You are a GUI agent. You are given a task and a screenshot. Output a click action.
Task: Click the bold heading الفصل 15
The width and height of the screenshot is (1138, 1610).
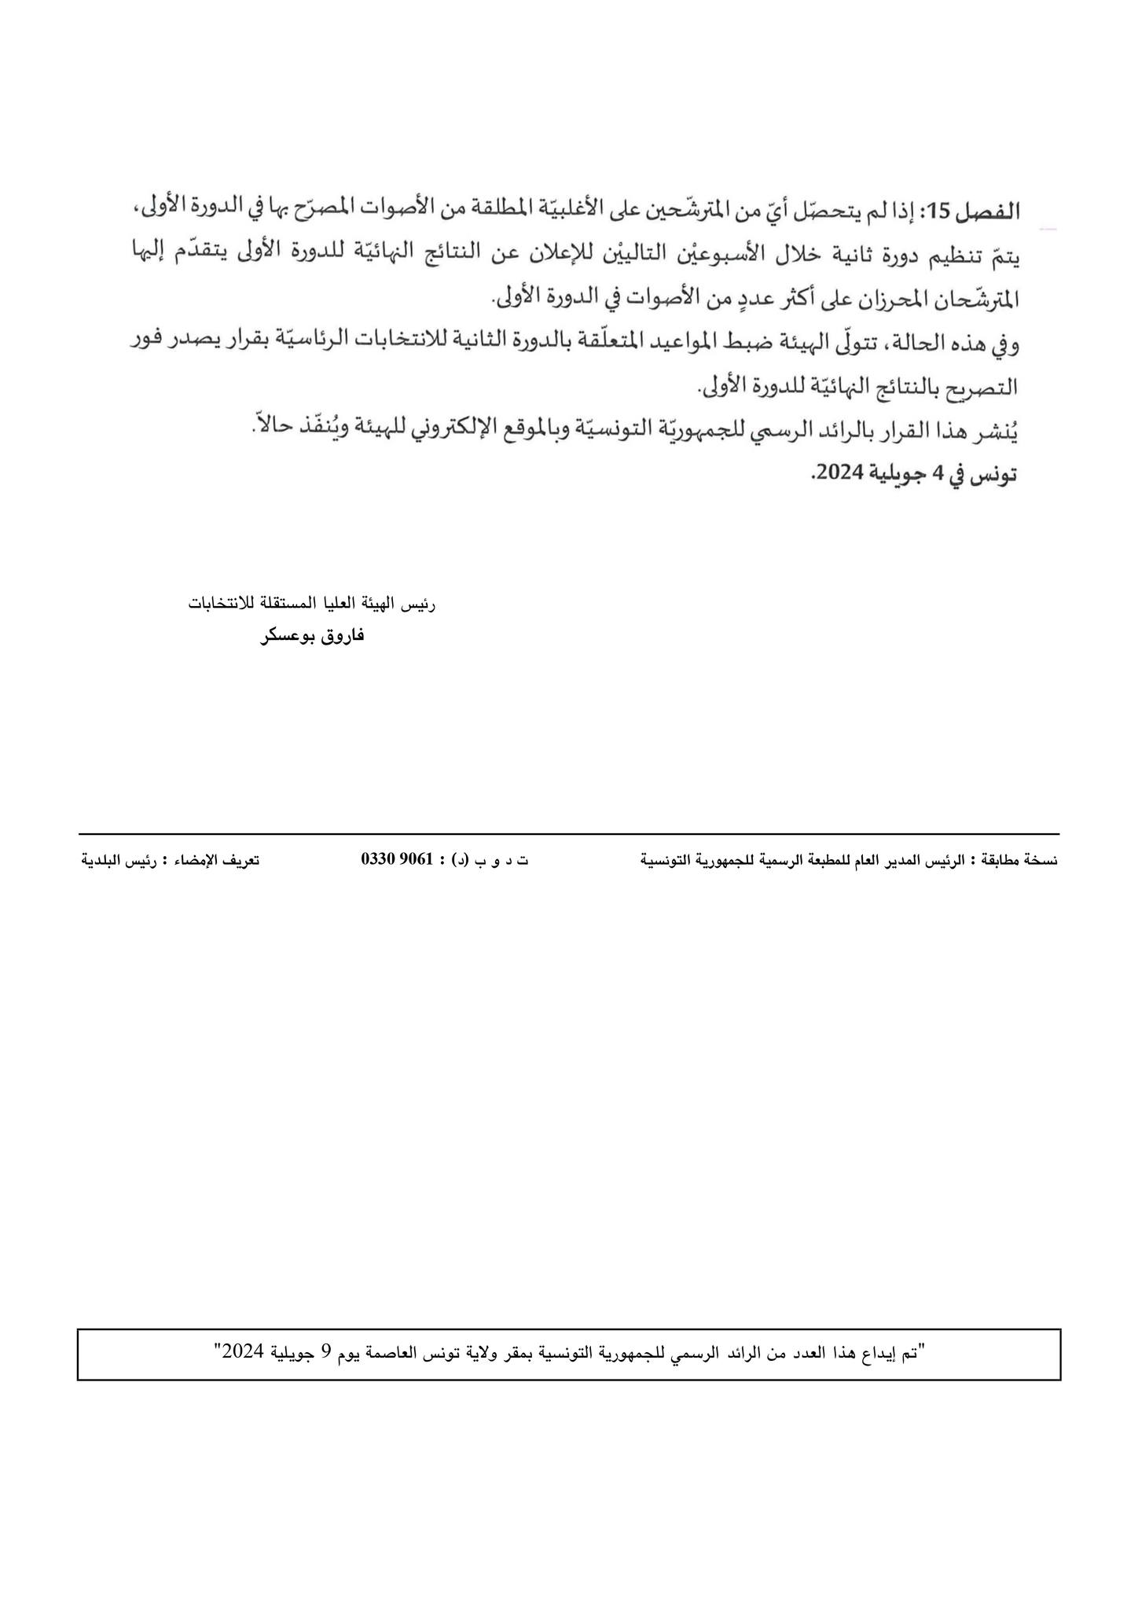pos(975,211)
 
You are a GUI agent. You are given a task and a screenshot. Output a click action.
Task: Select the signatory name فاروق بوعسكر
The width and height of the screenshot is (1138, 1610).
pos(312,636)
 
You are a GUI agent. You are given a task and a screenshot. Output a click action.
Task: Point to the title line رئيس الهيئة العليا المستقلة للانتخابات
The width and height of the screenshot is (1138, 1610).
pos(312,604)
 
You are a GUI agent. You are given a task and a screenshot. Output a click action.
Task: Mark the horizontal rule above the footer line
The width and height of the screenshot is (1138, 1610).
pos(569,833)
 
